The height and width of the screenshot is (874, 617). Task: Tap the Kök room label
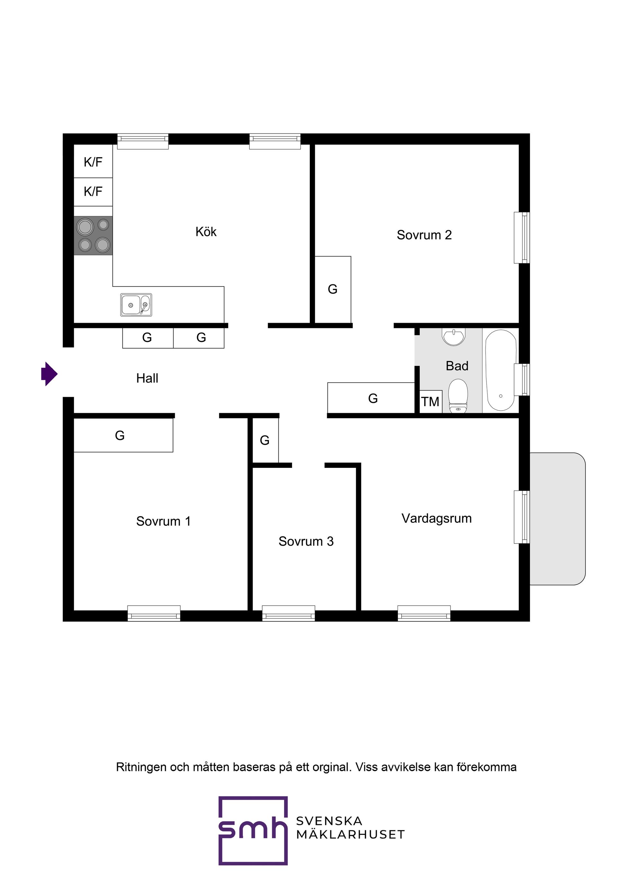(206, 231)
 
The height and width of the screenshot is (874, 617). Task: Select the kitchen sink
(136, 305)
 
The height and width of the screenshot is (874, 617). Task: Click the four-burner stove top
(93, 236)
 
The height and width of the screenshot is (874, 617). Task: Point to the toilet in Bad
(458, 395)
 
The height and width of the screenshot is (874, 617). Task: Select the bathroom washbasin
(454, 337)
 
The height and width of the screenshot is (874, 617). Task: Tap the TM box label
(430, 402)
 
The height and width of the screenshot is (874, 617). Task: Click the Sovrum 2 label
(424, 235)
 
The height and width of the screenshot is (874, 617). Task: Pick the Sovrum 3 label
(306, 541)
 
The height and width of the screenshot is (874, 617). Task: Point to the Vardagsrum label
(436, 518)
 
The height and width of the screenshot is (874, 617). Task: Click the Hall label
(147, 378)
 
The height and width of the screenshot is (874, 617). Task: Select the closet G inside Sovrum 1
(123, 435)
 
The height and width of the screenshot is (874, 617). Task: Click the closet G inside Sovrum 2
(333, 289)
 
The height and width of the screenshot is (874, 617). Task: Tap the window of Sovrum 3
(289, 613)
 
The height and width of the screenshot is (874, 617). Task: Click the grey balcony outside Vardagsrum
(557, 518)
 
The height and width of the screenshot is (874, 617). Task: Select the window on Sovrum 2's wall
(522, 237)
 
